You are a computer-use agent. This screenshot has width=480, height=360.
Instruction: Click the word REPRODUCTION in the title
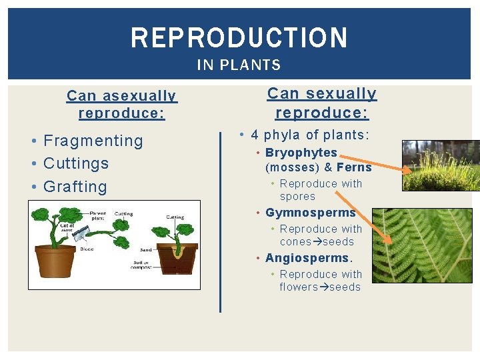239,38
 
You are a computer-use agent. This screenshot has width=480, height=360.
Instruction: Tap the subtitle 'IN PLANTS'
239,65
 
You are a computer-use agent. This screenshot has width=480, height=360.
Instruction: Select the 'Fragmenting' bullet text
93,141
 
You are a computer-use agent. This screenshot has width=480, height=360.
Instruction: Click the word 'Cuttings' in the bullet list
75,163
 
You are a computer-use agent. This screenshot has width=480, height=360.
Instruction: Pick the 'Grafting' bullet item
75,187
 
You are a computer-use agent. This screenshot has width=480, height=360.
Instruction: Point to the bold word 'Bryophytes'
301,153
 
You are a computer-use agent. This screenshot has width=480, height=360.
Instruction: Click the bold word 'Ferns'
354,167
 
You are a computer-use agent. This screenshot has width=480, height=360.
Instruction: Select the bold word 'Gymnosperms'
310,213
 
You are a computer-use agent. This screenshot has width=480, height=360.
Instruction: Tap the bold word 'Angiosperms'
307,258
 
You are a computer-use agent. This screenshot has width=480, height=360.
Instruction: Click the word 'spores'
297,197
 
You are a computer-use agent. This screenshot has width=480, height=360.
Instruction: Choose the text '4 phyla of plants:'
309,135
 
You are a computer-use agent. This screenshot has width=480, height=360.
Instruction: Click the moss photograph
441,166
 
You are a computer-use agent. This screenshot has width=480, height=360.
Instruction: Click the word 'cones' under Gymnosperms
295,242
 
